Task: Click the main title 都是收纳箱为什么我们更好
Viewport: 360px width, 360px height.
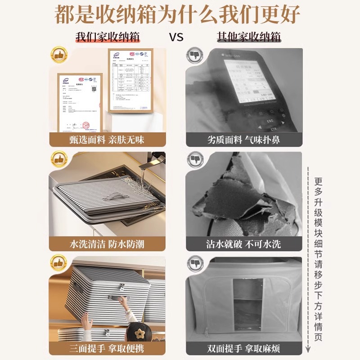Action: click(x=177, y=15)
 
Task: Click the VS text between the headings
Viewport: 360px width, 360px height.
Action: click(x=176, y=37)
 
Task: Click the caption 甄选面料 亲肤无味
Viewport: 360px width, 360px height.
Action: click(x=107, y=139)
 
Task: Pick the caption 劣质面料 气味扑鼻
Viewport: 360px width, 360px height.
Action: click(x=243, y=139)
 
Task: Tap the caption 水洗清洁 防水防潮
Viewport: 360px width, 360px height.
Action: click(x=107, y=244)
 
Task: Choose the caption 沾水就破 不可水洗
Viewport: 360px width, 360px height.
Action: click(x=243, y=244)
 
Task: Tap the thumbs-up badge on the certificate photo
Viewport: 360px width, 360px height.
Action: click(x=58, y=55)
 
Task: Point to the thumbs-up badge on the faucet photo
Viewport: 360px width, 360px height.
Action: click(x=58, y=159)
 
